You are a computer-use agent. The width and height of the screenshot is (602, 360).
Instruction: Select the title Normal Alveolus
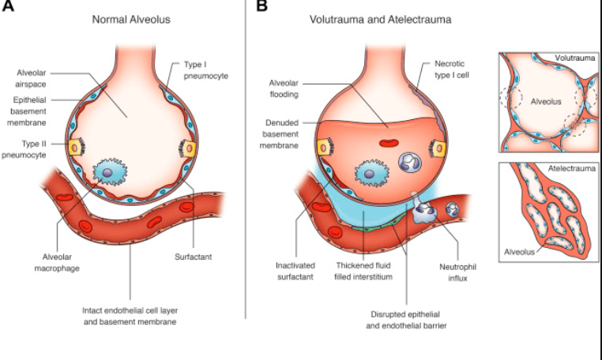coord(130,19)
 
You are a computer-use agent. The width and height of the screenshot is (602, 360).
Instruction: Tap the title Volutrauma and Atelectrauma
coord(380,19)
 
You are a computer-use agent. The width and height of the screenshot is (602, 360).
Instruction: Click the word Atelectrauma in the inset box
coord(567,169)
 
